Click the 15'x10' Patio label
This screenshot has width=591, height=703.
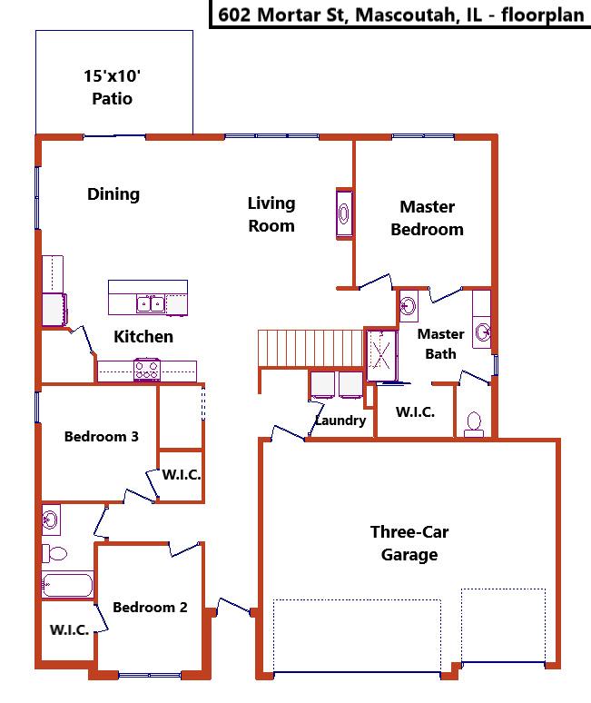tap(112, 87)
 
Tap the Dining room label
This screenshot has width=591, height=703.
tap(113, 194)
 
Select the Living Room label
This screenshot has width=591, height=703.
tap(271, 214)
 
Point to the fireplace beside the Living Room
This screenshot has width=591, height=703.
tap(344, 213)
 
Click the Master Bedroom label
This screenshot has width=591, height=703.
tap(427, 218)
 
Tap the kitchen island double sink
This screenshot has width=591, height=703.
tap(151, 303)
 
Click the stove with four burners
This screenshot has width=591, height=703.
tap(147, 370)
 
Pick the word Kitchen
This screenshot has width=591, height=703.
tap(143, 337)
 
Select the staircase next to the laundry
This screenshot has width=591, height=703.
tap(310, 349)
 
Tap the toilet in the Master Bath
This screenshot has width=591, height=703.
tap(474, 425)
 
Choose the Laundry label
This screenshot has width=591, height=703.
tap(340, 421)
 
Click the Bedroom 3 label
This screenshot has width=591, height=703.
tap(102, 437)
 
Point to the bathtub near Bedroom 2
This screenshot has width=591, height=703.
tap(68, 585)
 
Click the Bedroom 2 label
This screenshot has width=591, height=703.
tap(150, 607)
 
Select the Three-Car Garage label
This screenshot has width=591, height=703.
tap(409, 543)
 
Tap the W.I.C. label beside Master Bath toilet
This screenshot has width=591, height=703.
tap(416, 412)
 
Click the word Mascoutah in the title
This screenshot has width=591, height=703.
tap(406, 15)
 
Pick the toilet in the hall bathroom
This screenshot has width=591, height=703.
tap(54, 553)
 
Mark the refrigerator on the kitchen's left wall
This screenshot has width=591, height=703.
tap(54, 310)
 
